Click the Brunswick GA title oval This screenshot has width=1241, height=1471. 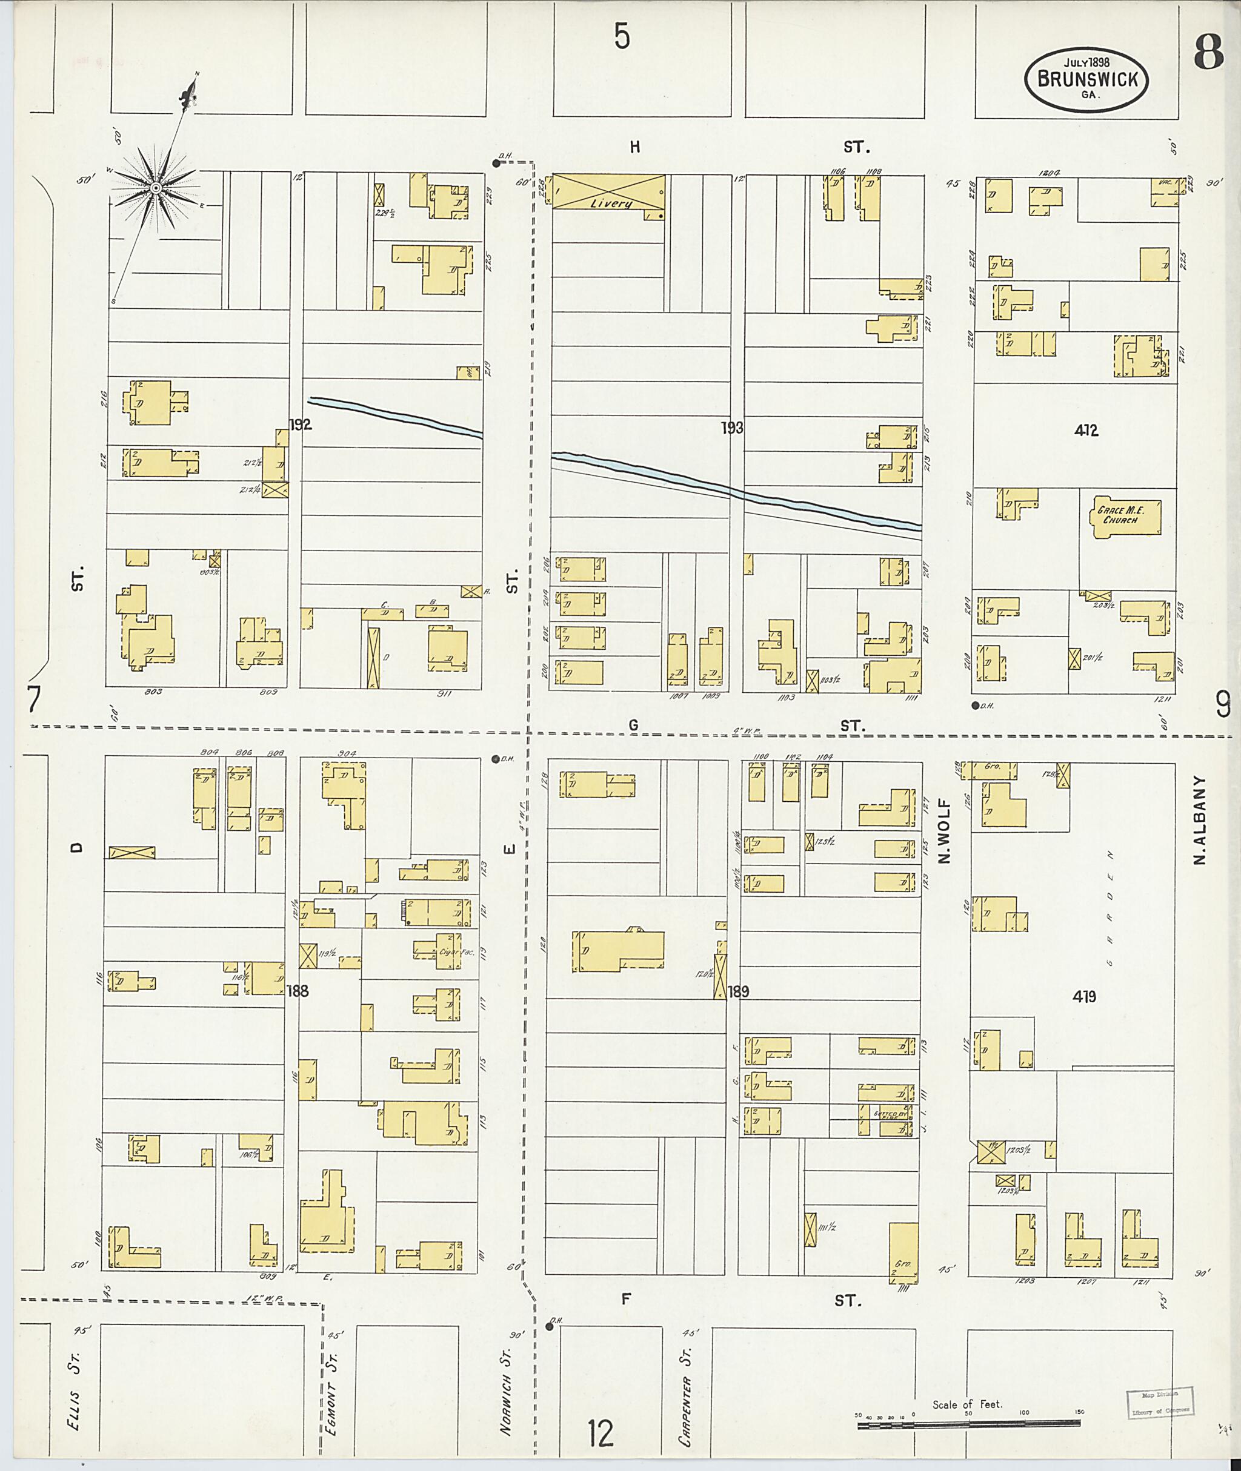pos(1085,79)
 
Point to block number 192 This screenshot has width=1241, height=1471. pos(301,425)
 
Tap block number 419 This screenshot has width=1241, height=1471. pos(1084,996)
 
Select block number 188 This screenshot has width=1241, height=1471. pos(298,991)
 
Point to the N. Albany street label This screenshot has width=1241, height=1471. pos(1200,820)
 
